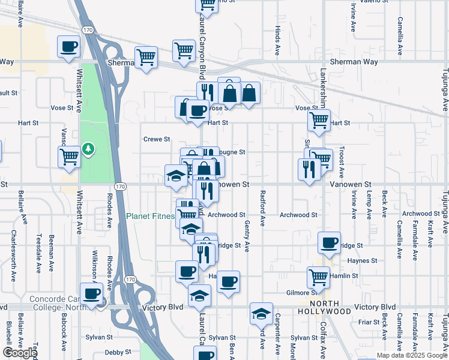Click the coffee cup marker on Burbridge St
tap(329, 243)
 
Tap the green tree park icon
tap(88, 148)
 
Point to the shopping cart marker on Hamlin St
tap(318, 277)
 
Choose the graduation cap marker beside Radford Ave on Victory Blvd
tap(261, 313)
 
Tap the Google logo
tap(20, 353)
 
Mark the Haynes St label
tap(365, 261)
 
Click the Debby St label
tap(118, 353)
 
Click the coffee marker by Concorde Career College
tap(91, 294)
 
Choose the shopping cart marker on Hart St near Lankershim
tap(319, 120)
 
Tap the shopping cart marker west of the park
tap(70, 157)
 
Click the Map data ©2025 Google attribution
tap(411, 355)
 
